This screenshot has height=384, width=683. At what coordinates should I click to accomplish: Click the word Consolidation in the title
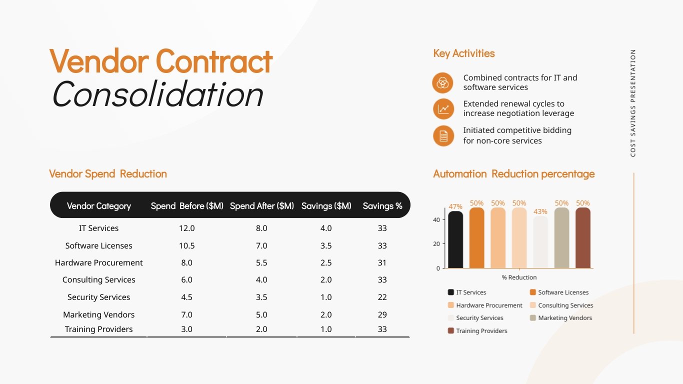(157, 94)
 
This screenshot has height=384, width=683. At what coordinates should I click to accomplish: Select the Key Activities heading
(463, 53)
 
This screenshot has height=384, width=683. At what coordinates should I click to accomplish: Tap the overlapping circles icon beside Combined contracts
(442, 82)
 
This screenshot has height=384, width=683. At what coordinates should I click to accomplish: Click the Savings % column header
(382, 206)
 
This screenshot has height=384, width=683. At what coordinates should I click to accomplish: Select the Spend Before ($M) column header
(187, 206)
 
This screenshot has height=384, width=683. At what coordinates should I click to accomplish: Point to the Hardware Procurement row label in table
(98, 262)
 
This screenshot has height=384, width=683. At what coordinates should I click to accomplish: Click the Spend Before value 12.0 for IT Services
(186, 228)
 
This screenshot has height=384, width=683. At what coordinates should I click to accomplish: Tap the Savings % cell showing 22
(382, 297)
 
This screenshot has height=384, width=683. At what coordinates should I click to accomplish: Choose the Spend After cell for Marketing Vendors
(261, 314)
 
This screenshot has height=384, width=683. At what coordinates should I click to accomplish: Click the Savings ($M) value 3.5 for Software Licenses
(325, 245)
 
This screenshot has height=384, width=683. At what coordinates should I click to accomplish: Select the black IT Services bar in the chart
(455, 240)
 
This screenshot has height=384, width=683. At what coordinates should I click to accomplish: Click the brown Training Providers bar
(582, 238)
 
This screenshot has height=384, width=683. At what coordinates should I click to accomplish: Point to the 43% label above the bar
(540, 211)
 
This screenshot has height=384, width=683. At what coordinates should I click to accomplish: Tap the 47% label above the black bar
(455, 206)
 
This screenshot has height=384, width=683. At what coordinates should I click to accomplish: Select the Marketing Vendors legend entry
(564, 318)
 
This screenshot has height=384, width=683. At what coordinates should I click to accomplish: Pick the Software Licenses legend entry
(563, 292)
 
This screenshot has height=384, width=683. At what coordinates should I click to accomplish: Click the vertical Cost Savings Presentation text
(633, 103)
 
